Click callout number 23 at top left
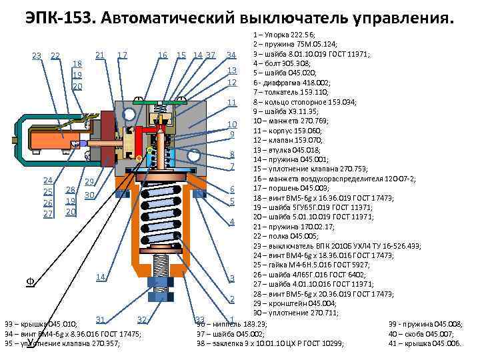pos(37,55)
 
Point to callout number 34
pos(232,55)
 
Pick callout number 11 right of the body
pos(232,102)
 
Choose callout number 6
pos(232,188)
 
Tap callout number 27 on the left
pos(48,214)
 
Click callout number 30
pos(90,194)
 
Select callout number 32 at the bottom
pos(141,319)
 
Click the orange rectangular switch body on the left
pos(44,141)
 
